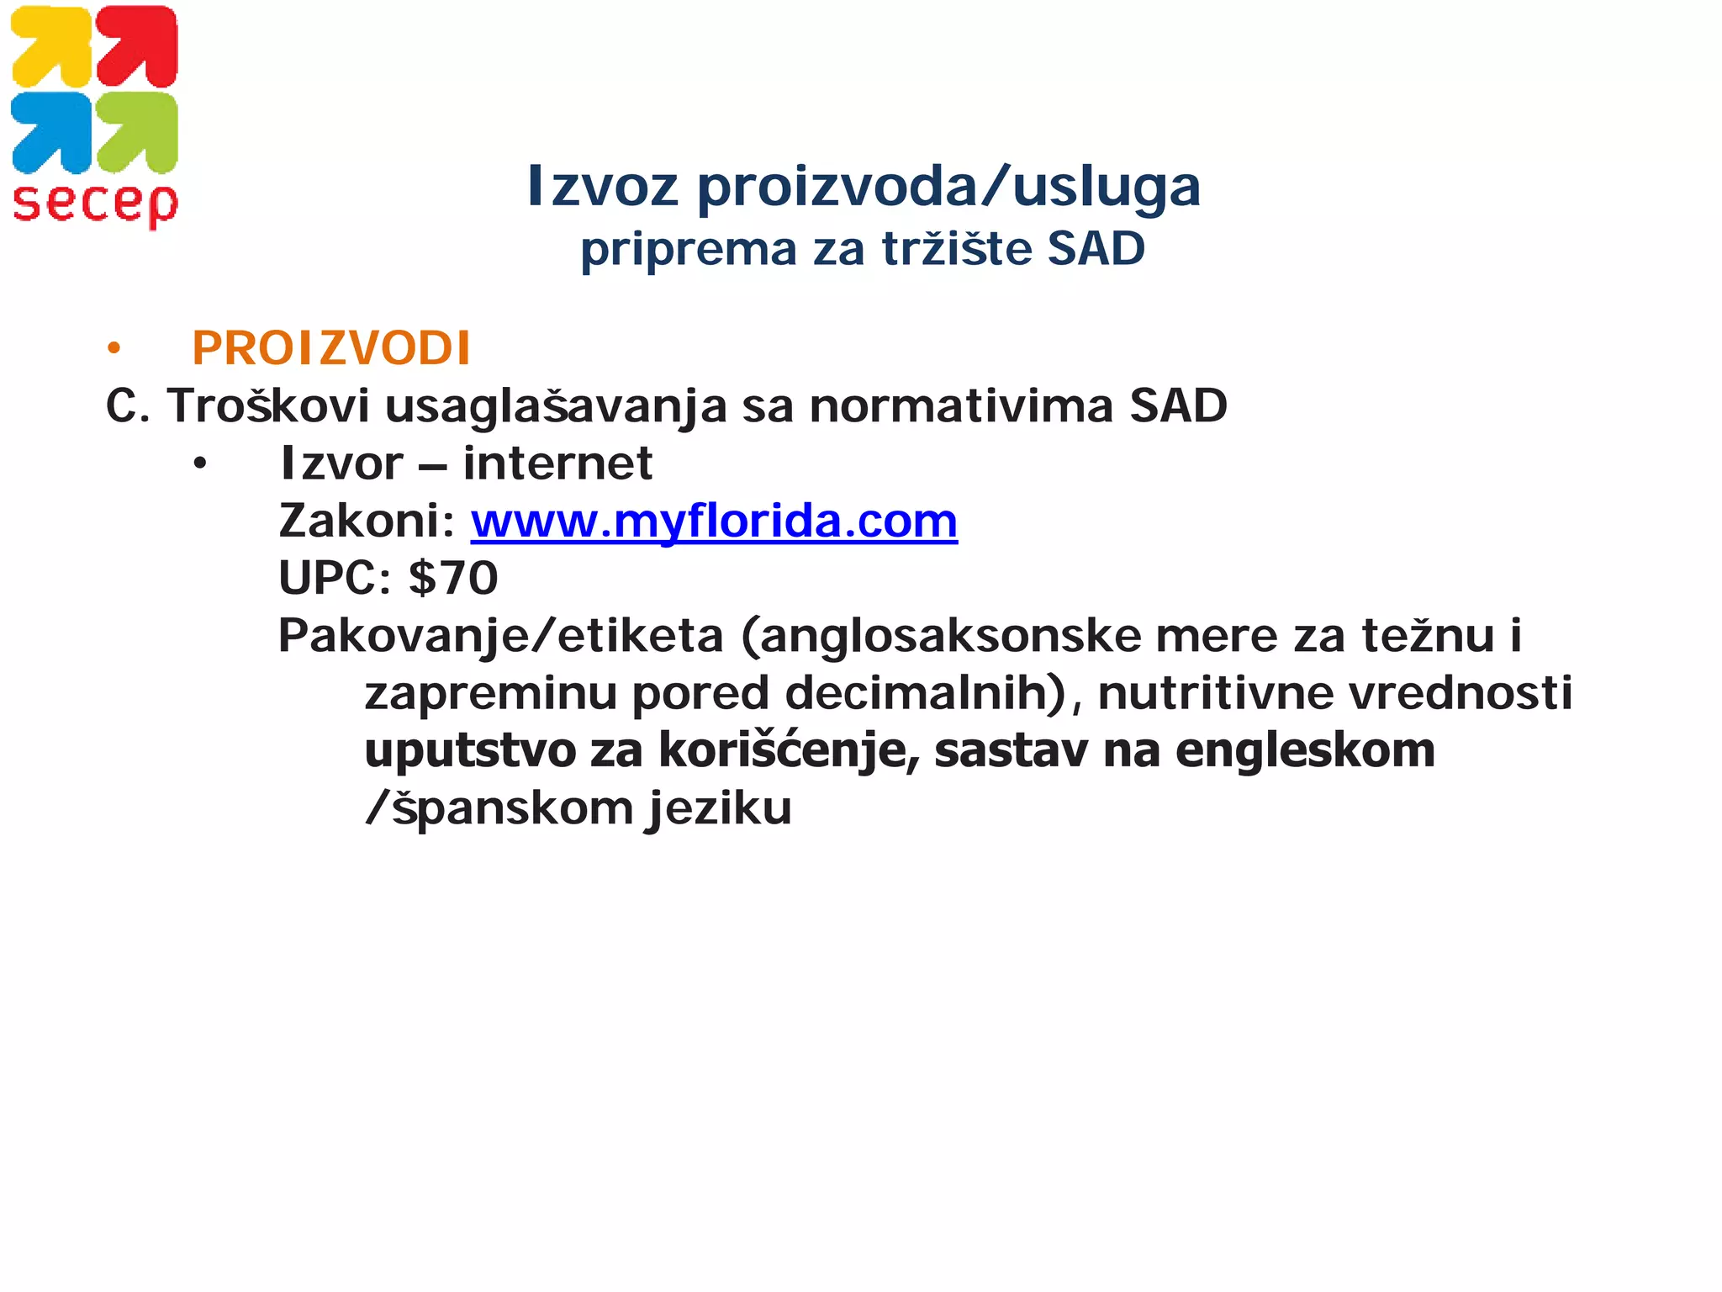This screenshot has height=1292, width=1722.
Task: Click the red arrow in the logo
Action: (x=137, y=46)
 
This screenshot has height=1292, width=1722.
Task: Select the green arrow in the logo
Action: (x=137, y=132)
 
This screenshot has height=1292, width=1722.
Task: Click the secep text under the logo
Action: (x=95, y=204)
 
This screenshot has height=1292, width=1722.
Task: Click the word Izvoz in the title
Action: (x=602, y=187)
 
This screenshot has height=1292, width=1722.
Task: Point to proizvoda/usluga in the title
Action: (x=949, y=187)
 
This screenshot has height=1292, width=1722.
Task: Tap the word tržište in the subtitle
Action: (x=957, y=249)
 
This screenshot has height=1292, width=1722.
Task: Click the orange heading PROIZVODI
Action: (x=331, y=348)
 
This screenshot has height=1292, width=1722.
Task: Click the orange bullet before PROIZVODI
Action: (x=114, y=348)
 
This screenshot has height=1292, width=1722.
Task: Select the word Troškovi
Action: (x=268, y=406)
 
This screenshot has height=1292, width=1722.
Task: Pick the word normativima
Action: (x=960, y=406)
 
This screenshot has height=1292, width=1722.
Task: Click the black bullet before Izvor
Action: (x=199, y=464)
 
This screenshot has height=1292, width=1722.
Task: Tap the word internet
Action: (x=557, y=463)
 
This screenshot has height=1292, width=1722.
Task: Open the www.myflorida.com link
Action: (x=714, y=522)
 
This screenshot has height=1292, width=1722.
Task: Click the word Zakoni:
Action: (x=367, y=522)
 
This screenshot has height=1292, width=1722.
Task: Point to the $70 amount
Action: (x=453, y=579)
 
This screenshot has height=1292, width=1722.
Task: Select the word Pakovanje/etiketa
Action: (x=501, y=637)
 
